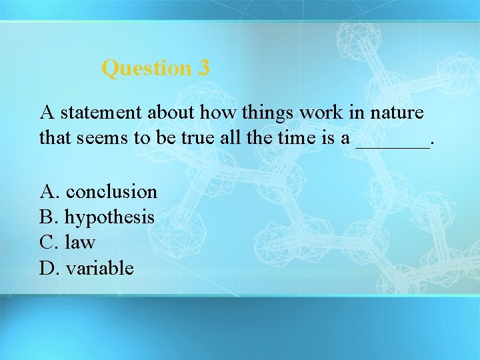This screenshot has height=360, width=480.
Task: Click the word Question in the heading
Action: click(146, 68)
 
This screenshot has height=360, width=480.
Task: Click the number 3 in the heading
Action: click(203, 68)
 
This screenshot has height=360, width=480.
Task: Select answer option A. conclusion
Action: click(99, 192)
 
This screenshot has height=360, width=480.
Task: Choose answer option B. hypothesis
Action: click(97, 217)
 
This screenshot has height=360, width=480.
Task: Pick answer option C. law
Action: click(68, 243)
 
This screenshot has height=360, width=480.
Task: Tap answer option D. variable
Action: click(87, 268)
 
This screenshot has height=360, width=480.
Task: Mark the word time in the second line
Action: click(295, 138)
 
